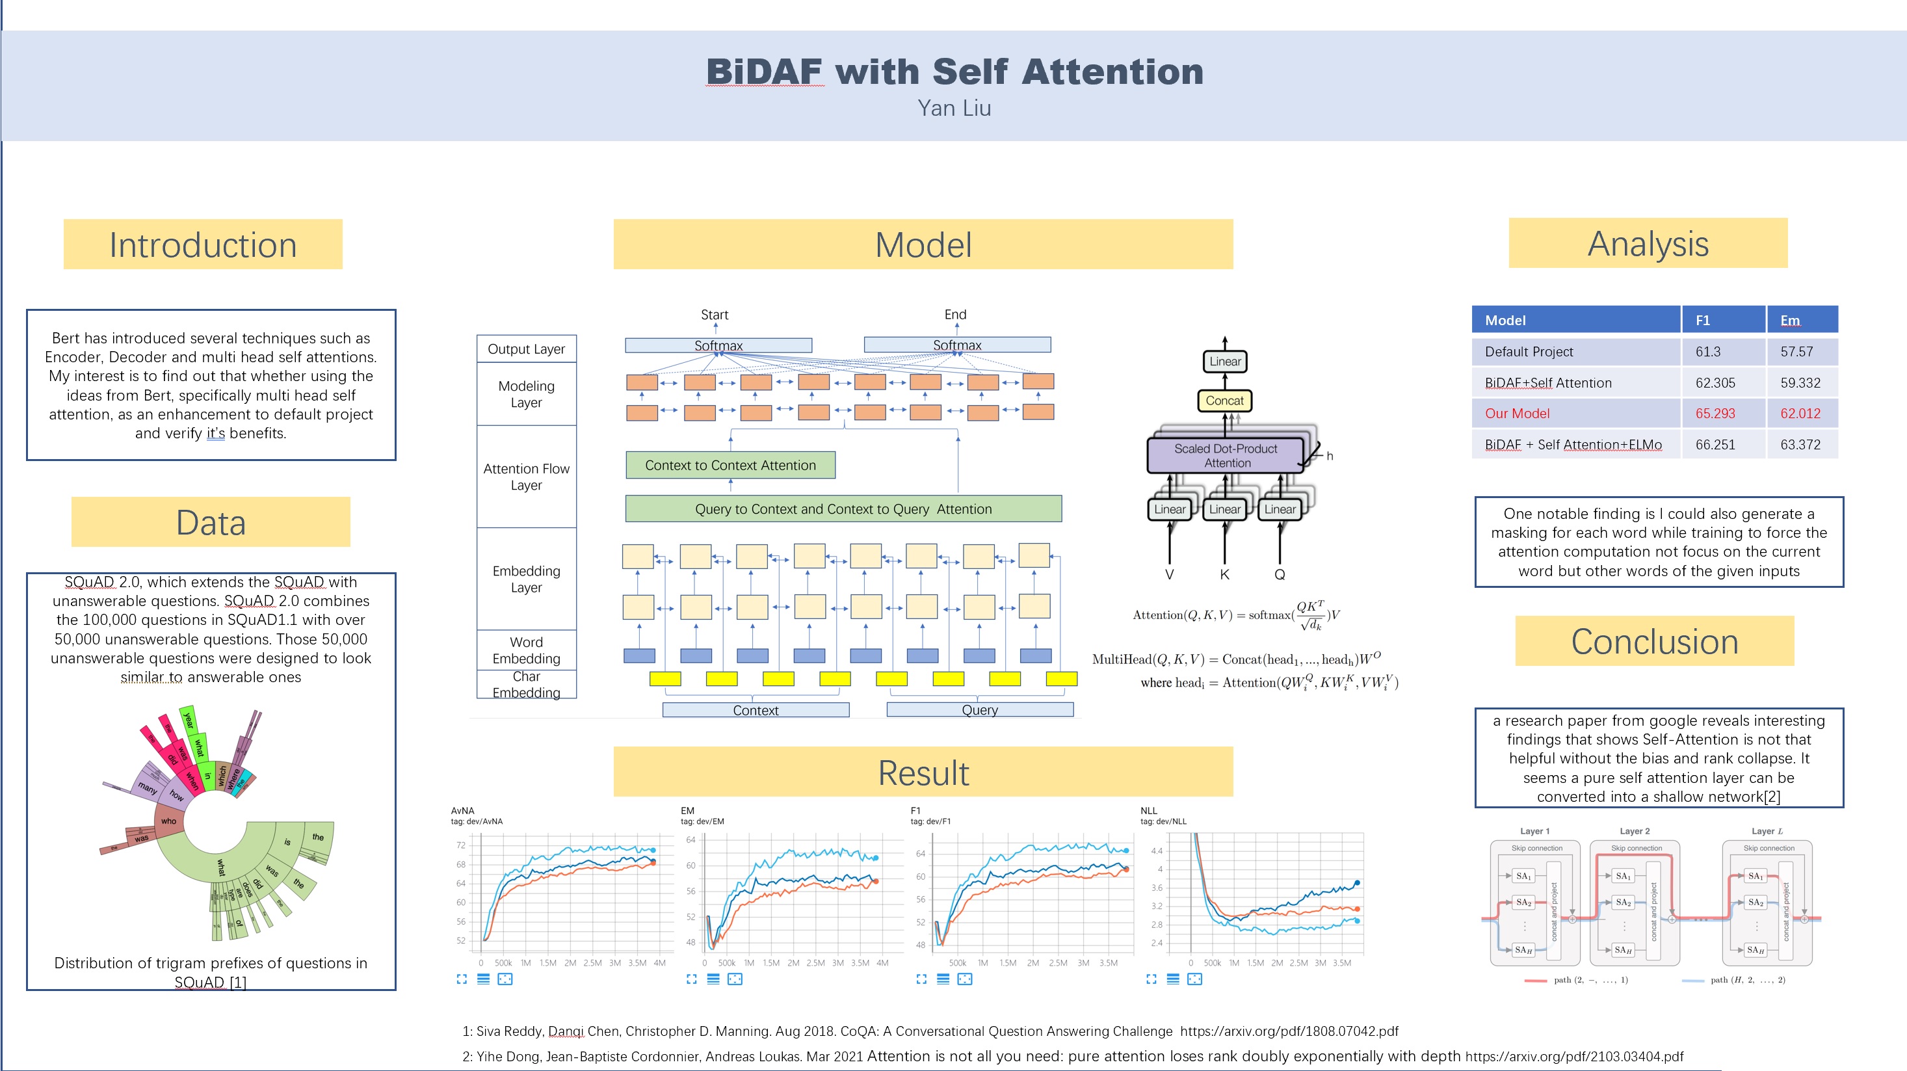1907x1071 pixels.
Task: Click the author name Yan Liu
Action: pyautogui.click(x=953, y=108)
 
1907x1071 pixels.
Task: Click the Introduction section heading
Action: pyautogui.click(x=203, y=245)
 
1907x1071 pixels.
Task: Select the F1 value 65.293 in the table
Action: pyautogui.click(x=1715, y=414)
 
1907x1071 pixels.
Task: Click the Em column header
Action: pyautogui.click(x=1789, y=321)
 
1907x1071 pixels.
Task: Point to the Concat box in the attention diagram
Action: pyautogui.click(x=1224, y=401)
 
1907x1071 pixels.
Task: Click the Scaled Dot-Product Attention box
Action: pyautogui.click(x=1226, y=455)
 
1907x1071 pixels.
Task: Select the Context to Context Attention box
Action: pyautogui.click(x=730, y=466)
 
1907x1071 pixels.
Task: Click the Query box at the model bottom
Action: pyautogui.click(x=979, y=710)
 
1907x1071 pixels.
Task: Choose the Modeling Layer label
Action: pyautogui.click(x=527, y=394)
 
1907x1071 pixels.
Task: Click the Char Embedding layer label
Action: pyautogui.click(x=527, y=685)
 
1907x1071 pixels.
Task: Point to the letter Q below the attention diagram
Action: pyautogui.click(x=1279, y=574)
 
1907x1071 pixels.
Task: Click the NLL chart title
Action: pyautogui.click(x=1148, y=810)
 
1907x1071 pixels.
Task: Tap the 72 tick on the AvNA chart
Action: pyautogui.click(x=461, y=845)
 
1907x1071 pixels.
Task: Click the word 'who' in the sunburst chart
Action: pyautogui.click(x=169, y=821)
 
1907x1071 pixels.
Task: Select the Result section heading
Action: pyautogui.click(x=923, y=773)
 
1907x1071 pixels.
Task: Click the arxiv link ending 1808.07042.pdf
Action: pyautogui.click(x=1289, y=1031)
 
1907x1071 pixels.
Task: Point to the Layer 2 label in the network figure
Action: pyautogui.click(x=1635, y=831)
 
